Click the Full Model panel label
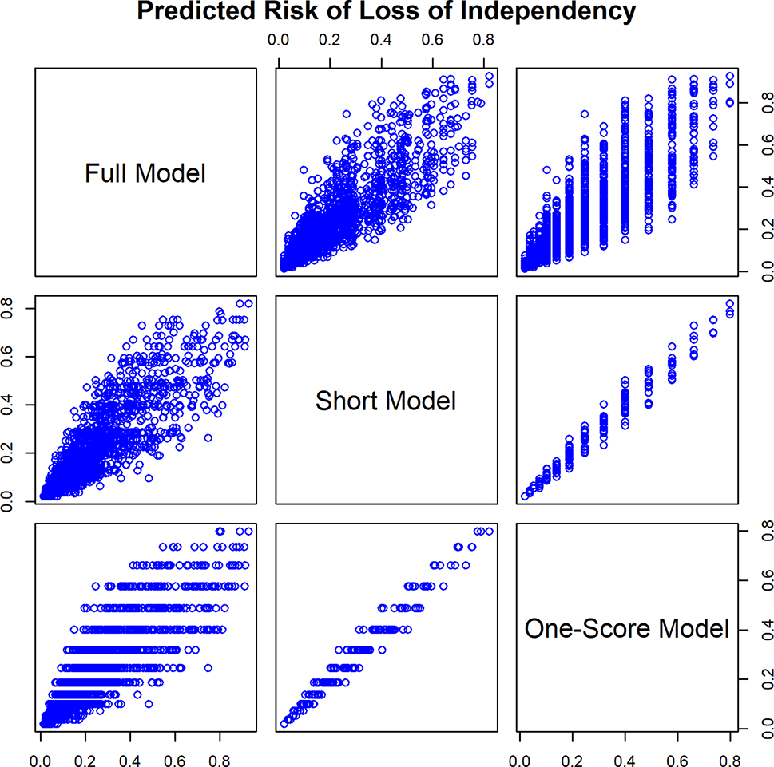click(x=145, y=173)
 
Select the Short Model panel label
click(x=386, y=401)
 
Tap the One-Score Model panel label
click(x=627, y=630)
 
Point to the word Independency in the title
click(x=545, y=12)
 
